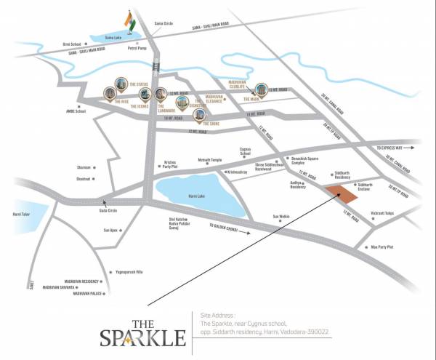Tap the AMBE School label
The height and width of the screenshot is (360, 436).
[76, 111]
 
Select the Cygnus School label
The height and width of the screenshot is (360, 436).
[246, 151]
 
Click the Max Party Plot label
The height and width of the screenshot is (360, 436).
[381, 247]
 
